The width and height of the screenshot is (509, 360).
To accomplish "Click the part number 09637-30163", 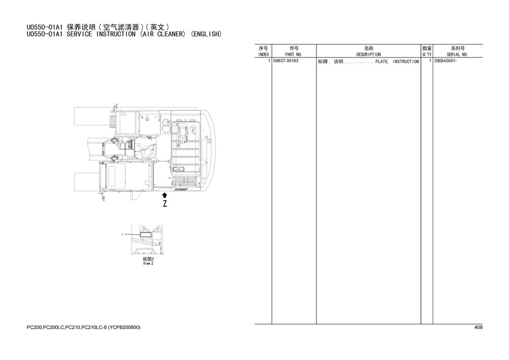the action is pos(285,61).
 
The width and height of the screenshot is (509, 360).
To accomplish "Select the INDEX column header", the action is pos(263,55).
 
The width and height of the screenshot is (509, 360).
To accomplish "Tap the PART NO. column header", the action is pos(293,55).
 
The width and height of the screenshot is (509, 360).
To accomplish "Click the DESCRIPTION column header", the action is pos(368,55).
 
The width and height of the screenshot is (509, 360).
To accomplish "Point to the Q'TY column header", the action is pos(427,55).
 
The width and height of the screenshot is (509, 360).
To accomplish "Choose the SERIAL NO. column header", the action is pos(457,55).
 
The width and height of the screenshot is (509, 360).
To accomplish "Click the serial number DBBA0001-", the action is pos(446,61).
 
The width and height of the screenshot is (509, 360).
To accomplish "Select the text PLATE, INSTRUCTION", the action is pos(398,61).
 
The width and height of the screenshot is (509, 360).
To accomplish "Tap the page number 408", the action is pos(479,327).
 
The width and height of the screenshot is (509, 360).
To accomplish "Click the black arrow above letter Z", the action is pos(165,195).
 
